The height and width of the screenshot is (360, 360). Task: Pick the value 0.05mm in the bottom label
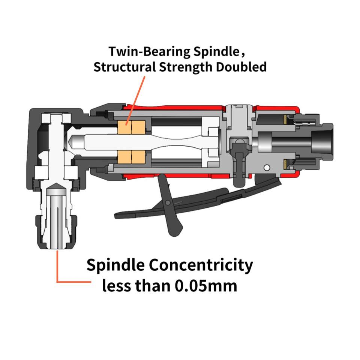[x=205, y=286]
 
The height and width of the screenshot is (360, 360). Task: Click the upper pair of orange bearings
[x=131, y=128]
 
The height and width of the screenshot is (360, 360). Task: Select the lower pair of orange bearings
[x=131, y=157]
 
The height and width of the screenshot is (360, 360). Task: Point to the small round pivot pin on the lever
[x=168, y=203]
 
